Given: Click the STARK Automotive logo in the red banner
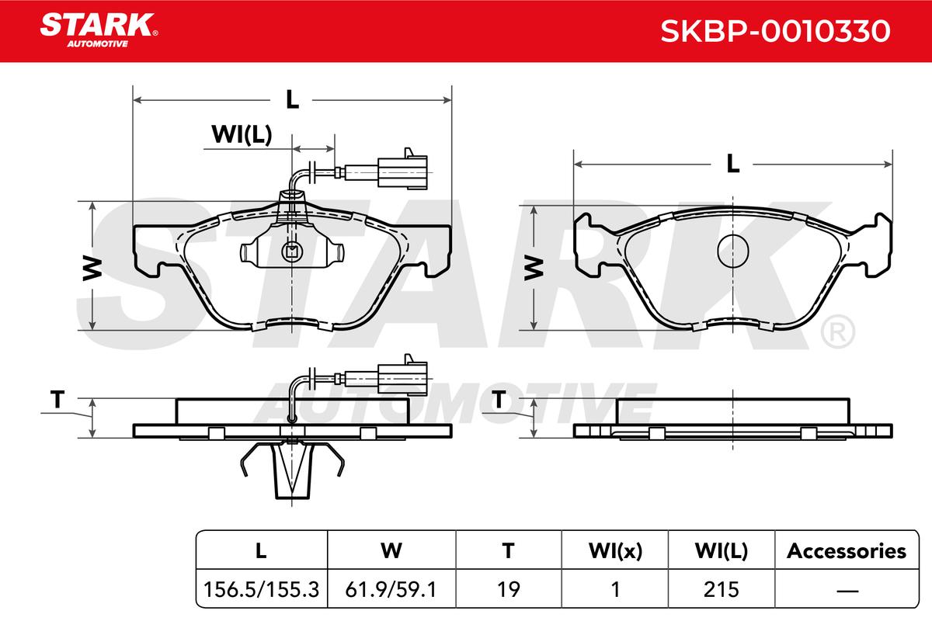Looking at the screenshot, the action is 99,30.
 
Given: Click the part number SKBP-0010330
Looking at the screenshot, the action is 775,31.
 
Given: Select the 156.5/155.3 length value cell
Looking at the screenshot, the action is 261,589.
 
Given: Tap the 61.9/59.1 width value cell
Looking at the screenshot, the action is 391,589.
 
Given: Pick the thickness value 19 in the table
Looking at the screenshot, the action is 509,589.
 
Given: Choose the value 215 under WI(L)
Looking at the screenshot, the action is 721,589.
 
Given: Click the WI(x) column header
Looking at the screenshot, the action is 615,551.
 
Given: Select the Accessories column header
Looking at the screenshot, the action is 847,551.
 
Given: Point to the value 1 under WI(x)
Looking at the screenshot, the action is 615,589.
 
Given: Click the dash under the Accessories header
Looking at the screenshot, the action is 847,590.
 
